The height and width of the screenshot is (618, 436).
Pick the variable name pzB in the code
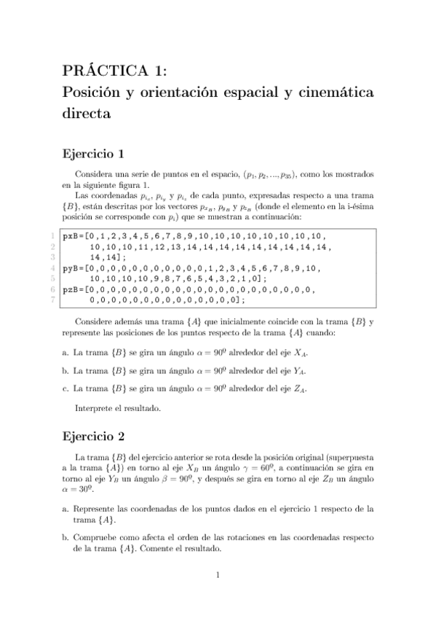(71, 289)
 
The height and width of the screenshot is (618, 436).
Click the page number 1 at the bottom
(218, 576)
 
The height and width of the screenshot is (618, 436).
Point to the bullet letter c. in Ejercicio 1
(66, 388)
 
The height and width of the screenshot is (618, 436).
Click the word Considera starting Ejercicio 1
(98, 176)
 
